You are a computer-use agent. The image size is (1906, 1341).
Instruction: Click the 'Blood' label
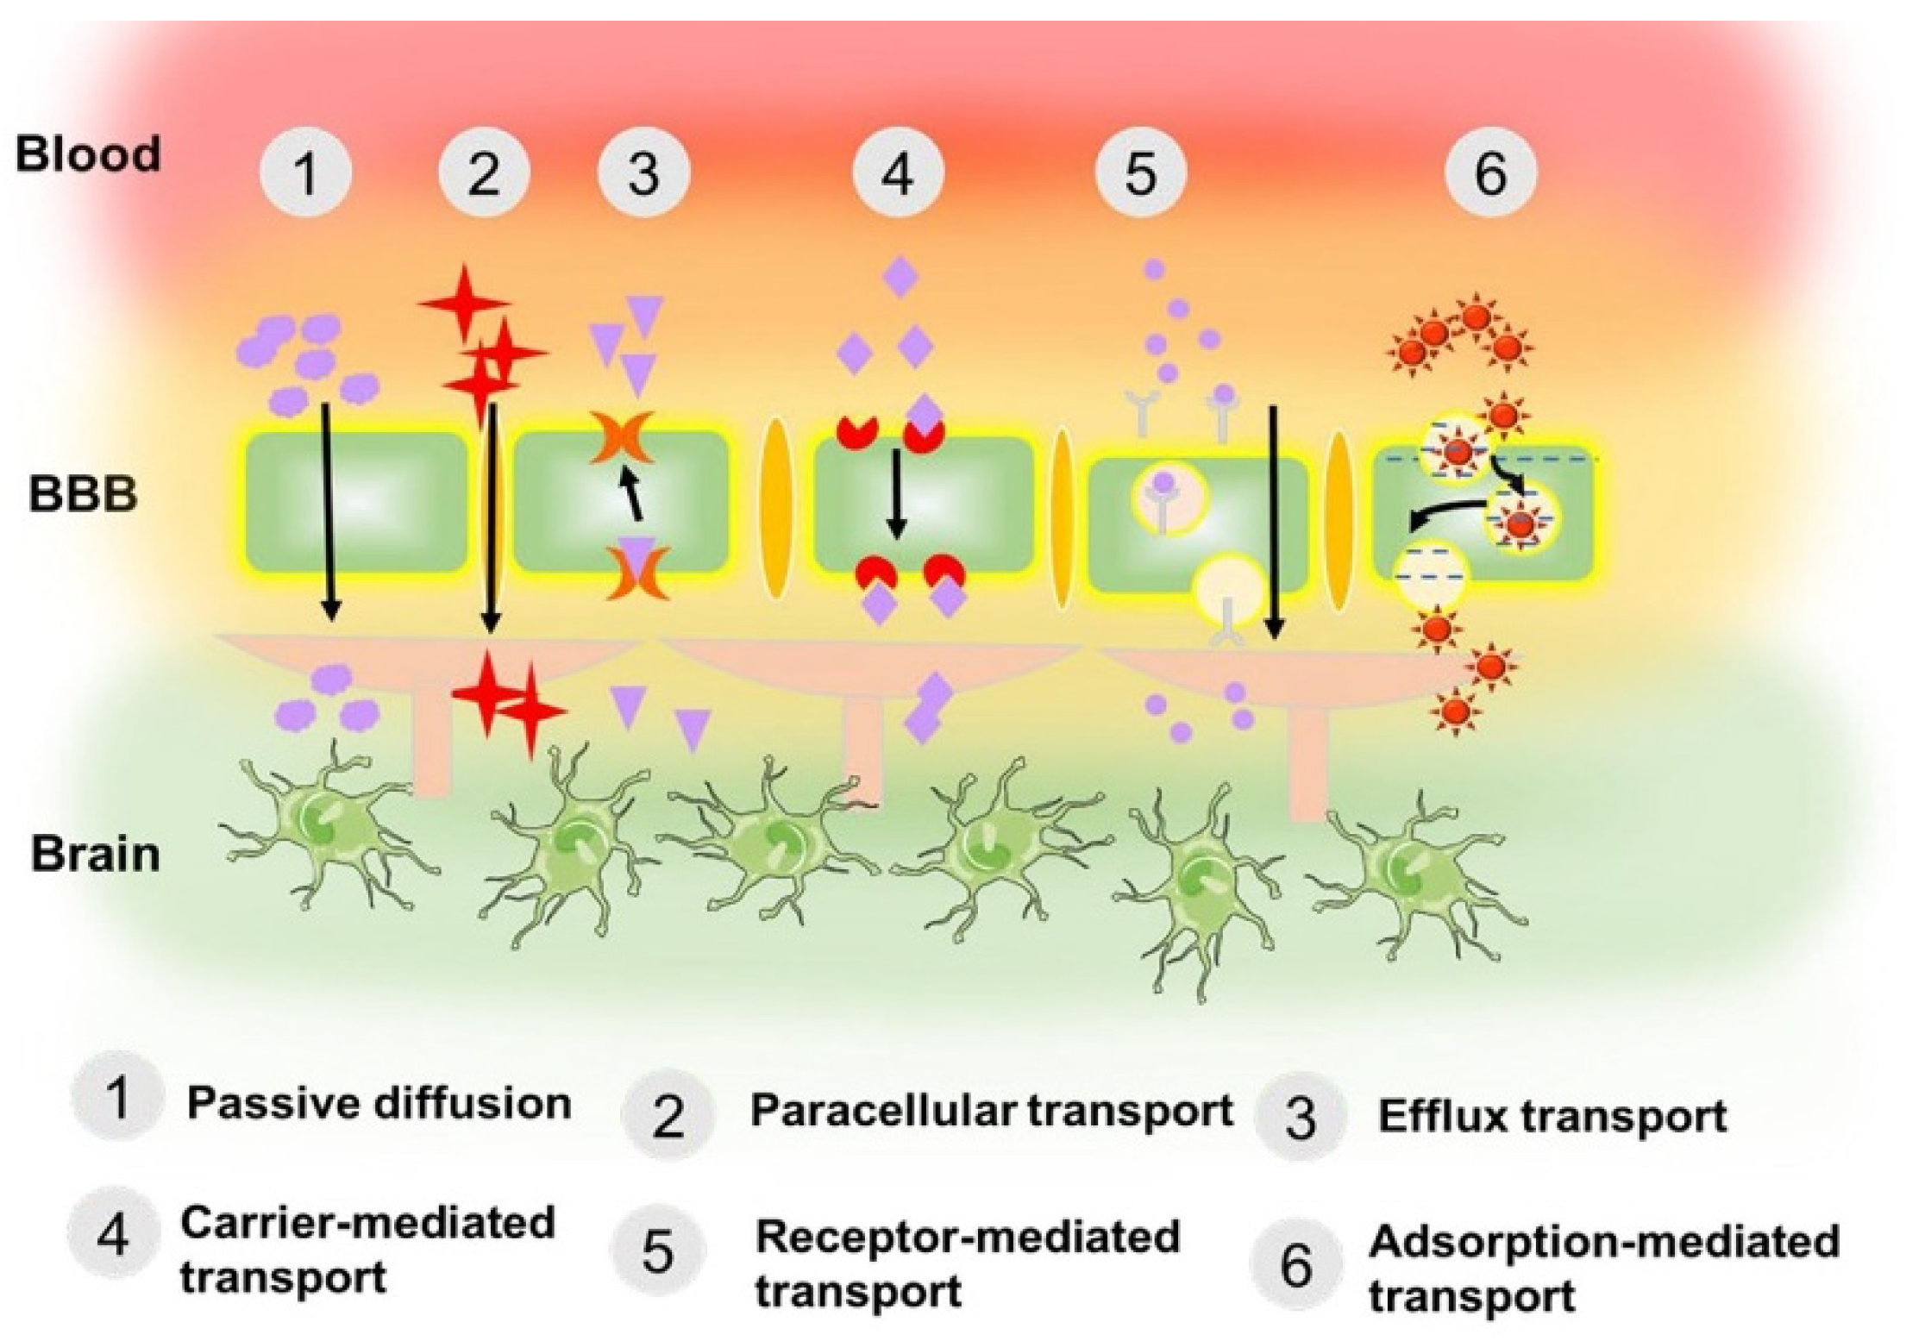point(89,155)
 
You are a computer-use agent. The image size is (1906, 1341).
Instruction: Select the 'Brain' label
point(96,855)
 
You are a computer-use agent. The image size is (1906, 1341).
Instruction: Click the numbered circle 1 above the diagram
point(305,172)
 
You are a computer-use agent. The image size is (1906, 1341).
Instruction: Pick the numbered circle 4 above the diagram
point(898,172)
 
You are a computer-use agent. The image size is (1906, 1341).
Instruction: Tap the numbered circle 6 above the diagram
point(1490,172)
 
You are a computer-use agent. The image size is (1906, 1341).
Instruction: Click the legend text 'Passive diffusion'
point(379,1103)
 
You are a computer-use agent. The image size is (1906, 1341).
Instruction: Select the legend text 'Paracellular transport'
point(991,1111)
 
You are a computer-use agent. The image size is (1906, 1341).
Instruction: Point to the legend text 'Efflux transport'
point(1552,1116)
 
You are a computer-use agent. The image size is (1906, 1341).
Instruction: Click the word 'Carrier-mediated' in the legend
point(367,1223)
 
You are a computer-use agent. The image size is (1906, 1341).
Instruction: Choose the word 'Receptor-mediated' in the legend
point(967,1238)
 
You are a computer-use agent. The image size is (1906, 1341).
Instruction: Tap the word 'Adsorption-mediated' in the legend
point(1603,1243)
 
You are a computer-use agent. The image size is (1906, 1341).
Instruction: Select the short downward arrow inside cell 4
point(897,493)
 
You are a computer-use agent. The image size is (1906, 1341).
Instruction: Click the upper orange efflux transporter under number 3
point(622,438)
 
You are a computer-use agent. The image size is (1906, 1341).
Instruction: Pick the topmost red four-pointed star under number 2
point(462,303)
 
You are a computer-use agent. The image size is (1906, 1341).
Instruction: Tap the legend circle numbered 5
point(657,1250)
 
